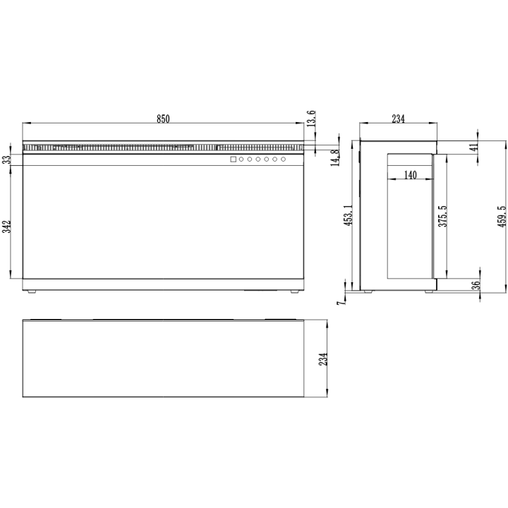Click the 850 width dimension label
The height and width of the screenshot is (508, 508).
pyautogui.click(x=163, y=119)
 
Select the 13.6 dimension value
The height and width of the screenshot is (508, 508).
pyautogui.click(x=310, y=119)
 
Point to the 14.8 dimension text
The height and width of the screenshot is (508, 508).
pyautogui.click(x=335, y=157)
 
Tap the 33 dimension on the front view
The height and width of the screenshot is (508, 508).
pyautogui.click(x=7, y=159)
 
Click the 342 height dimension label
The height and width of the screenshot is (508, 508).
pyautogui.click(x=7, y=226)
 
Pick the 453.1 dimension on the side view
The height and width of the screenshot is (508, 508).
pyautogui.click(x=349, y=215)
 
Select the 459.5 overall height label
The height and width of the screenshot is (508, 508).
pyautogui.click(x=502, y=217)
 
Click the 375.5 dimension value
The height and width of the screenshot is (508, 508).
pyautogui.click(x=442, y=216)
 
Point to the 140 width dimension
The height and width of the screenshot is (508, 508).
pyautogui.click(x=410, y=175)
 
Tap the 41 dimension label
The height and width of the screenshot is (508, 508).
pyautogui.click(x=474, y=147)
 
